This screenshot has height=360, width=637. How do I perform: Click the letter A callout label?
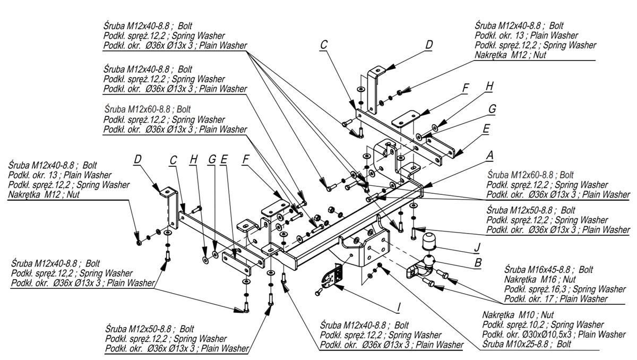(x=490, y=155)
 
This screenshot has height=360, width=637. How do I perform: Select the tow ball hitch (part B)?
(x=422, y=268)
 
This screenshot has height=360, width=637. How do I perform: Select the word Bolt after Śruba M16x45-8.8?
(x=586, y=270)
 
